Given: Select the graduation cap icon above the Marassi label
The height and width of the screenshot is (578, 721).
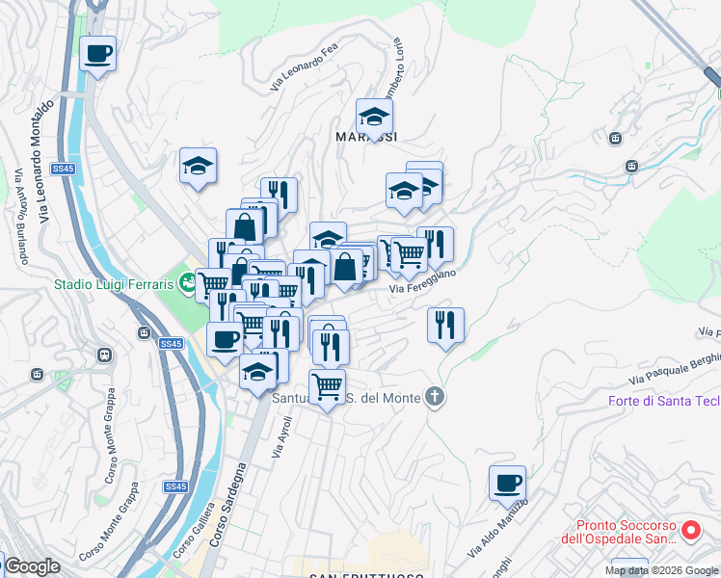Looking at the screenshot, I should coord(374,118).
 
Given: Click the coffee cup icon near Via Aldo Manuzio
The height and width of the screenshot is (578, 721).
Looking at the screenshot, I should coord(507,484).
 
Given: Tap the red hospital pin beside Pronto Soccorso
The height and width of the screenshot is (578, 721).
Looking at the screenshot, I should coord(691,531).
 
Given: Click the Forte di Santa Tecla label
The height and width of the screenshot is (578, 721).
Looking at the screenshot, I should coord(663,401).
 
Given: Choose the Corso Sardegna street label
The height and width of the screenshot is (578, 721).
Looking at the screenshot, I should coord(227,525).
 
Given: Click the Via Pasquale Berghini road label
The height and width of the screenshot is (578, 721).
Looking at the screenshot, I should coord(674,367).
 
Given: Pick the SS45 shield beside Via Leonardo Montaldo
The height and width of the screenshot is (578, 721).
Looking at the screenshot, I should coord(63,169).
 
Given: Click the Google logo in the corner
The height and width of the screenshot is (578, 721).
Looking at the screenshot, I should coord(31,567).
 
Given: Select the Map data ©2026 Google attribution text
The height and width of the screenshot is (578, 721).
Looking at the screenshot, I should coord(661,570).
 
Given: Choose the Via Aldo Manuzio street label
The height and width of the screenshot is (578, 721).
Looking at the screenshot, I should coord(497,530).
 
